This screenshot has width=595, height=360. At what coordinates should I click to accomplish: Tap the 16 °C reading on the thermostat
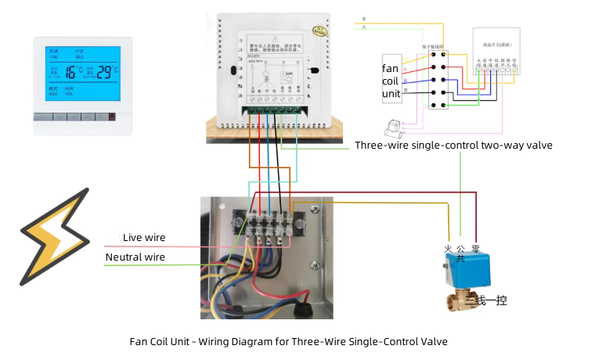73,73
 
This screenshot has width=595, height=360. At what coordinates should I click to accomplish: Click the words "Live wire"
144,238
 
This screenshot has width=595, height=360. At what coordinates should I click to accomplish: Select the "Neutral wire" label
135,257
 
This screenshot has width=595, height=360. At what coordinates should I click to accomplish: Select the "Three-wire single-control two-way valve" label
453,146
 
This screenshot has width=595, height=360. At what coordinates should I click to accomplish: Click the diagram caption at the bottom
288,342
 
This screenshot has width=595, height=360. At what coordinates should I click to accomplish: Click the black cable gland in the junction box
301,311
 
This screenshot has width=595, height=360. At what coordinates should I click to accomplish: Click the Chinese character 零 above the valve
474,248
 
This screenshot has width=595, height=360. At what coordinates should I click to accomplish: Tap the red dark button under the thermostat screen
111,118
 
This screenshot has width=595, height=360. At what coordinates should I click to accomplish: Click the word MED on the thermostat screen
79,57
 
